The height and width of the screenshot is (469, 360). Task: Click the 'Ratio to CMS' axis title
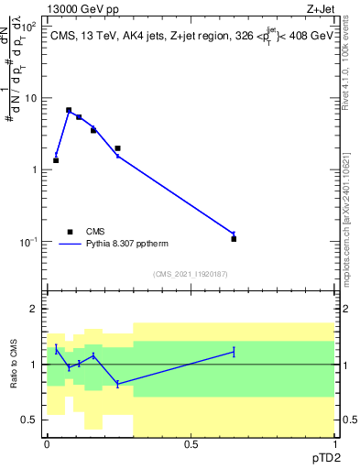(14, 365)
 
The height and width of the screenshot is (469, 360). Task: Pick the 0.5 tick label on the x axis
(191, 443)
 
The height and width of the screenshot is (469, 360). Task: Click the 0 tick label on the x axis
(47, 443)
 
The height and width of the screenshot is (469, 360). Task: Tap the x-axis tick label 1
(334, 443)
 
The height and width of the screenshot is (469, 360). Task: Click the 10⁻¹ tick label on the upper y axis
(28, 242)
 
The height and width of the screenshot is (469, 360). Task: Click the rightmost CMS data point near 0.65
(234, 239)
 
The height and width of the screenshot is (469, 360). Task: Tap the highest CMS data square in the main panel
(69, 110)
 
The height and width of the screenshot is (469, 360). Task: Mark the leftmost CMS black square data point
(56, 160)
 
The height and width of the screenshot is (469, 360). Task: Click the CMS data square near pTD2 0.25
(118, 147)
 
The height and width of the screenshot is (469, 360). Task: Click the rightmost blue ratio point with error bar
(234, 352)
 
